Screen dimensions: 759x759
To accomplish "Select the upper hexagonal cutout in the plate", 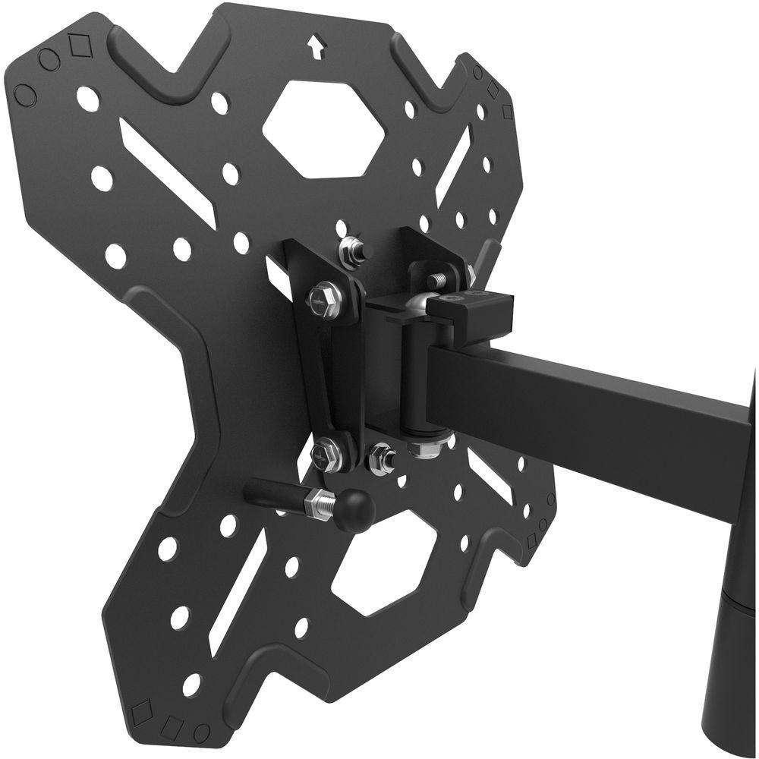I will (322, 129).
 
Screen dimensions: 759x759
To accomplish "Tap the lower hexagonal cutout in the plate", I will (383, 562).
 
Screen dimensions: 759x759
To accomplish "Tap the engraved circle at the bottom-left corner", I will (202, 732).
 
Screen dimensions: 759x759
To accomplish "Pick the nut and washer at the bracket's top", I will (351, 250).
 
